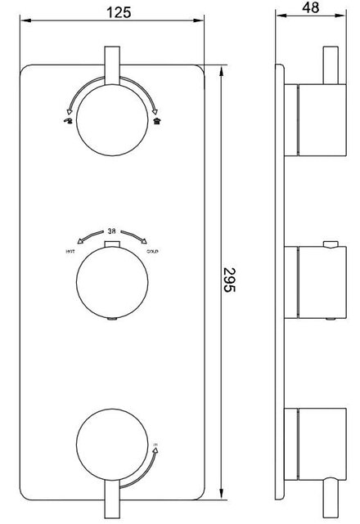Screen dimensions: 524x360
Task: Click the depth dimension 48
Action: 310,8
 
